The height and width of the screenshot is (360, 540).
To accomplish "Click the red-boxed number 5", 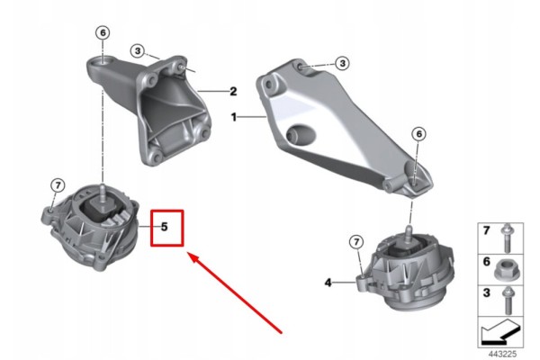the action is [x=165, y=227].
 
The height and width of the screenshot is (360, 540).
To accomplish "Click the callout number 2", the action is [x=233, y=91].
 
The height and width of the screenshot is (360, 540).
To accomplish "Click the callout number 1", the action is [x=234, y=118].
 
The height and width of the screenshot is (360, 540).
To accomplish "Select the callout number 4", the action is [x=328, y=283].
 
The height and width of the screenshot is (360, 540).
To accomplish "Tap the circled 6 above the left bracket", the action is [x=103, y=33].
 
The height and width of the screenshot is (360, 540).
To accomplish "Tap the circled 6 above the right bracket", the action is [x=418, y=134].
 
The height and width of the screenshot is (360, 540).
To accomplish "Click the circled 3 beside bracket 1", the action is [x=342, y=63].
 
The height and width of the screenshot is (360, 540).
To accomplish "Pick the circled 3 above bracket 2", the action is [x=138, y=51].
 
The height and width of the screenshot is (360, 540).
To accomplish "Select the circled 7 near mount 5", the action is [x=58, y=185].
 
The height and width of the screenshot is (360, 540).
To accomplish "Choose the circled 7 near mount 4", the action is [x=356, y=242].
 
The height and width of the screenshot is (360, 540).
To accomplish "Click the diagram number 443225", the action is [x=502, y=354].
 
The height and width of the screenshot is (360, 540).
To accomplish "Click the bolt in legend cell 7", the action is [x=507, y=238].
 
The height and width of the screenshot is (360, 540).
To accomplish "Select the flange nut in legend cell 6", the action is [x=508, y=269].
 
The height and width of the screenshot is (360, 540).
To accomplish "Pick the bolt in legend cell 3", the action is [x=507, y=300].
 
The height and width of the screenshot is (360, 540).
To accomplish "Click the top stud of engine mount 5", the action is [x=103, y=191].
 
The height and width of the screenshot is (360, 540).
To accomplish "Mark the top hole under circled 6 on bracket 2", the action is [x=103, y=62].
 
